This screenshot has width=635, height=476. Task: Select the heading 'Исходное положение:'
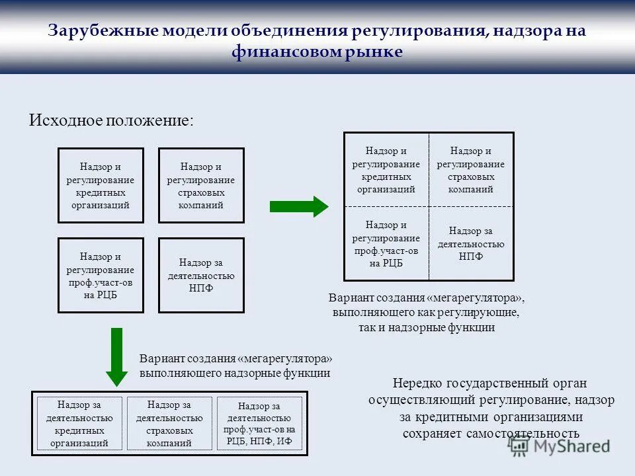tap(112, 120)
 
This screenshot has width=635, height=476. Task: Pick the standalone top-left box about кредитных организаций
tap(101, 185)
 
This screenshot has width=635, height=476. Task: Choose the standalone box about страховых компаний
tap(201, 185)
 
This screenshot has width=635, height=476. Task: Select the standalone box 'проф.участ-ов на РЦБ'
tap(101, 275)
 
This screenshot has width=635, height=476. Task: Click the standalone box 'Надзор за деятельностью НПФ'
tap(201, 275)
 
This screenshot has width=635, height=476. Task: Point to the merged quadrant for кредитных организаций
tap(386, 170)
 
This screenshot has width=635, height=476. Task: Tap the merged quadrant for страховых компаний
tap(470, 170)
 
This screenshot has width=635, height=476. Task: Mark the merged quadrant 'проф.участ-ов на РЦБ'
tap(386, 244)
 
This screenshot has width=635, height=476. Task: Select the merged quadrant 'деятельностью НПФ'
tap(470, 244)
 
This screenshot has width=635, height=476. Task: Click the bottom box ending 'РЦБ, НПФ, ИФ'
tap(259, 424)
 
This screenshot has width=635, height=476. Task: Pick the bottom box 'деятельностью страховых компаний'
tap(169, 424)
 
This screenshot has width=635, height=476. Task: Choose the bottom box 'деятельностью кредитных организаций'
tap(79, 424)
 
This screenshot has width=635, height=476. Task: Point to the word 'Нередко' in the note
tap(417, 383)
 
